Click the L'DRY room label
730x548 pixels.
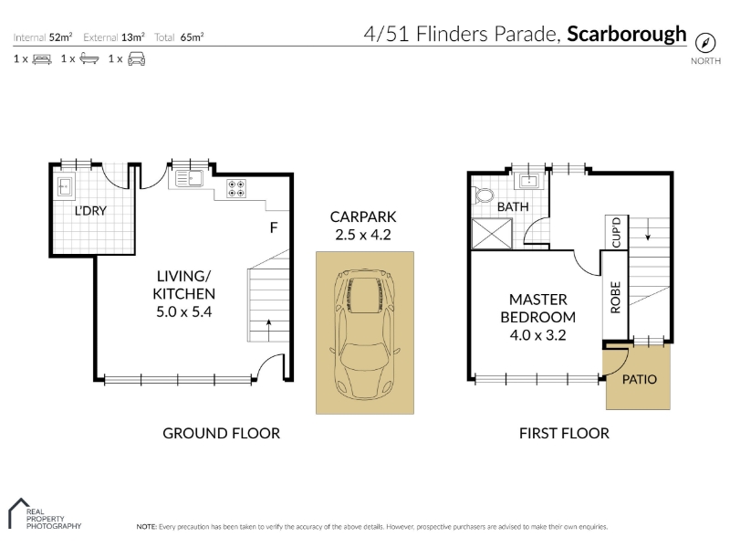[90, 211]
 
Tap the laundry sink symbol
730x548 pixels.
[65, 186]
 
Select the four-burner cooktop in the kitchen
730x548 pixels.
[236, 188]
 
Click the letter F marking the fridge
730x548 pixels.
[274, 227]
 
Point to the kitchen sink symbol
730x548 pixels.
[189, 178]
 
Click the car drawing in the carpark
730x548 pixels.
[364, 334]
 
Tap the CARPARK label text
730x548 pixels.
[363, 216]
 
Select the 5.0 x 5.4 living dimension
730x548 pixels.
[184, 311]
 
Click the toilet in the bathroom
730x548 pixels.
[483, 195]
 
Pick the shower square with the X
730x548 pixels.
[492, 234]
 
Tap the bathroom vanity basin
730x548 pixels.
[529, 181]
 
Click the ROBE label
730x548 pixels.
[615, 298]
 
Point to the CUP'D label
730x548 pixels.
[617, 232]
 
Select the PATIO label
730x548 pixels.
[640, 379]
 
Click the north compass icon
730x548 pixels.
[704, 43]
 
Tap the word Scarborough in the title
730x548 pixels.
[627, 35]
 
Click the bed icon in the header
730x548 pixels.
[42, 59]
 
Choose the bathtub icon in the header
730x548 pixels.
[89, 58]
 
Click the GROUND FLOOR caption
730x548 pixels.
[221, 433]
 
